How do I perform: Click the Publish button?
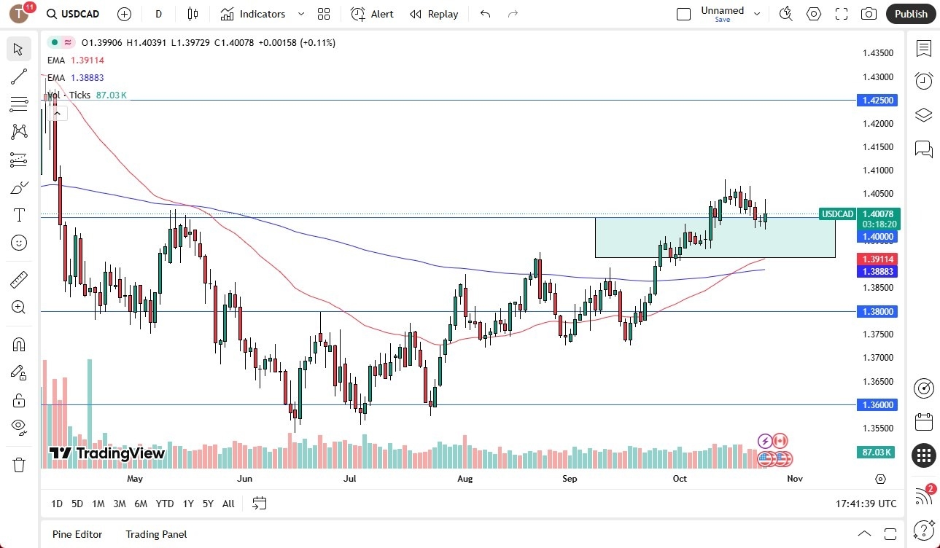911,14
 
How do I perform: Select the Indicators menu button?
253,14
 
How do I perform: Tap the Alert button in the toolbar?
372,14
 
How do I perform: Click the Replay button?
434,14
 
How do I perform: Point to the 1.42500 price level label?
878,100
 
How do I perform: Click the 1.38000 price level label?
878,311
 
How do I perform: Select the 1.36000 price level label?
878,404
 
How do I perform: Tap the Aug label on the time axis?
465,479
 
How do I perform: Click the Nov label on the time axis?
795,479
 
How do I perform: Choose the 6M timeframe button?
141,504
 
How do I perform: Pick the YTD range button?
165,504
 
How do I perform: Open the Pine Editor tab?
77,534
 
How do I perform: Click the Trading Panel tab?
156,534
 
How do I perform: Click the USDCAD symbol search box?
73,14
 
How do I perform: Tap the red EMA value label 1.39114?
878,259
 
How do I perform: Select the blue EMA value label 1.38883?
878,271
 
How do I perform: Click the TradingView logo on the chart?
107,453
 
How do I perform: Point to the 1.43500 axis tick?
878,53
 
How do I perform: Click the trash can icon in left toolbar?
18,464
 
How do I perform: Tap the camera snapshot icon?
869,14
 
